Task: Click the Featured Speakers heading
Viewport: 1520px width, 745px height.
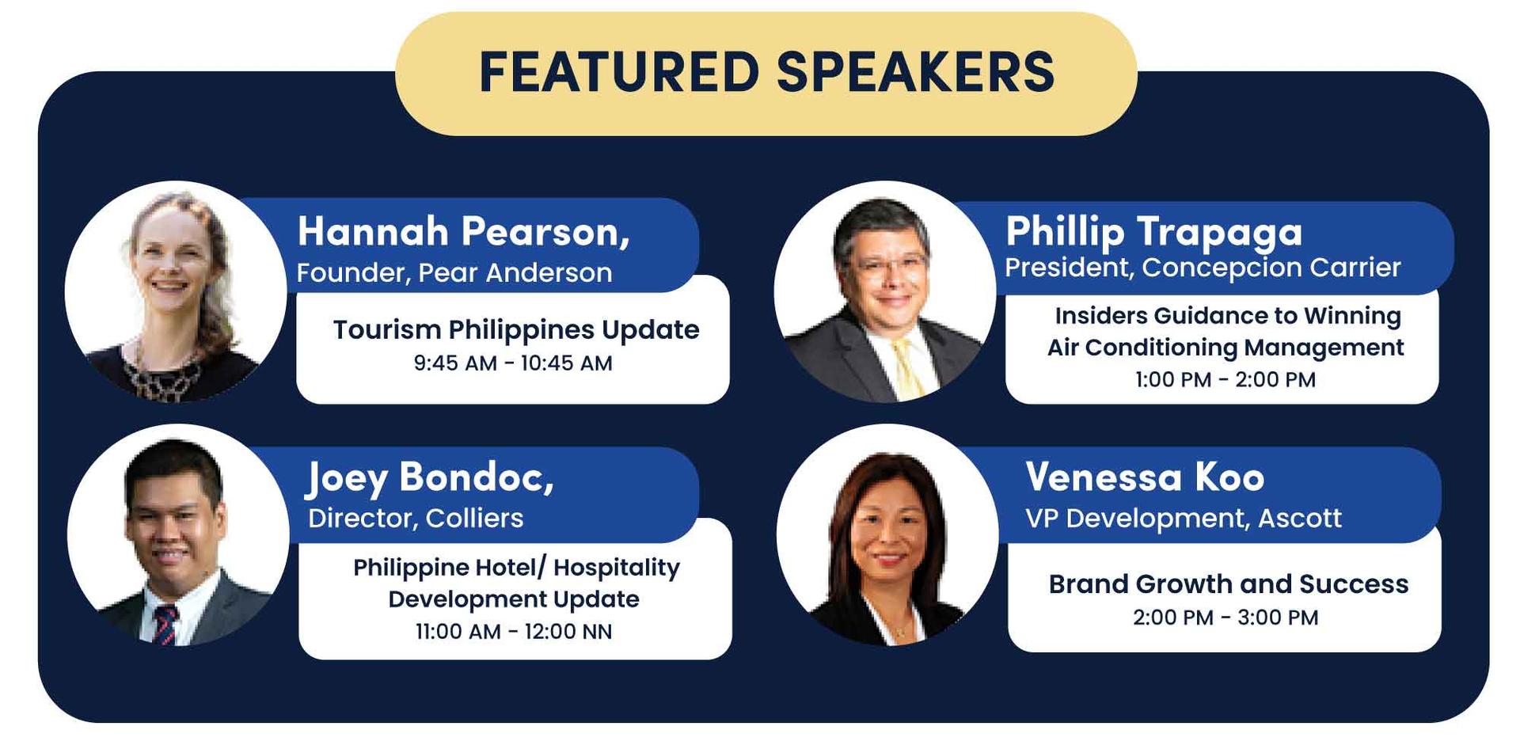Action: [766, 72]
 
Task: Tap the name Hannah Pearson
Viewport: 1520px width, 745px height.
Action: [463, 232]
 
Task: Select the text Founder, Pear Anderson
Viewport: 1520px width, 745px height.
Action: [454, 272]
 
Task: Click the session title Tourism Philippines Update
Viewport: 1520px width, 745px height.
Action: [516, 329]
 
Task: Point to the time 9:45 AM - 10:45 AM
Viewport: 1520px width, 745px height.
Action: [513, 363]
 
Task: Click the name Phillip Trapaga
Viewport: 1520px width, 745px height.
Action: [1153, 232]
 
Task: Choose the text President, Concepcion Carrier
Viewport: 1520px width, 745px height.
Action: [1203, 268]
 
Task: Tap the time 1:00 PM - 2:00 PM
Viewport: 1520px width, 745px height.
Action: [1225, 379]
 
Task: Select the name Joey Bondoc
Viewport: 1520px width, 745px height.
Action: [430, 477]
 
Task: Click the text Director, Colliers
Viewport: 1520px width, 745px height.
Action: [416, 518]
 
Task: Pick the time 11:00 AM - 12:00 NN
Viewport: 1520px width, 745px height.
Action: [514, 631]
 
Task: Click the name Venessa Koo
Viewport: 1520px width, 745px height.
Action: [1145, 477]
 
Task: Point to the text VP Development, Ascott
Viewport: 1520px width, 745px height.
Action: [1184, 518]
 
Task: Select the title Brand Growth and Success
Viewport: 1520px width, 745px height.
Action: [1229, 583]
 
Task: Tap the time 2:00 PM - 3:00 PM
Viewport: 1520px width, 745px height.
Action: [1225, 617]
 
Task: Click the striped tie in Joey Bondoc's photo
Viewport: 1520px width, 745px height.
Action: [165, 625]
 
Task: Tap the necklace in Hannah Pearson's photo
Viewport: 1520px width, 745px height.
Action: [168, 373]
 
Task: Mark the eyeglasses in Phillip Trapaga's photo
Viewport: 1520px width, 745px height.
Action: [889, 265]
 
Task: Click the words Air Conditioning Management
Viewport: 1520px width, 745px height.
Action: [1225, 348]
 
